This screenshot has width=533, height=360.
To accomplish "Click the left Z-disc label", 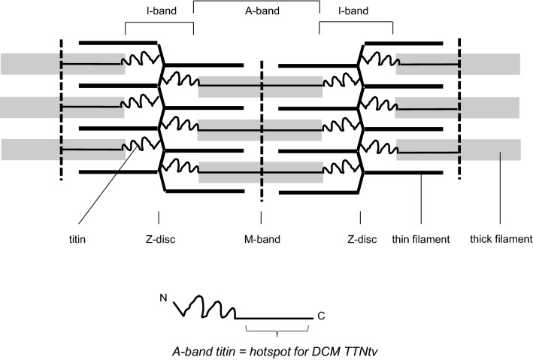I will [x=159, y=240].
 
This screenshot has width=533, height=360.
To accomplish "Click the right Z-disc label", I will [x=360, y=240].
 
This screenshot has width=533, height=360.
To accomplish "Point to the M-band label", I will [x=261, y=240].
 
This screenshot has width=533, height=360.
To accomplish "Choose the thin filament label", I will [x=421, y=240].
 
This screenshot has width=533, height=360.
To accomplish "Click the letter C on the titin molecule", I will [x=321, y=316].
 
